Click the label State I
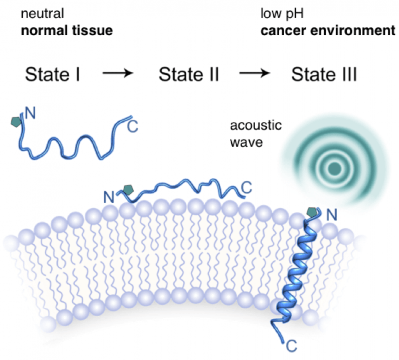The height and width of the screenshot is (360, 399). coord(53,74)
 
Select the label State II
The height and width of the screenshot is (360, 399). coord(188,74)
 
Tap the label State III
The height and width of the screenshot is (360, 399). coord(325,74)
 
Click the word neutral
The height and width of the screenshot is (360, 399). coord(42,14)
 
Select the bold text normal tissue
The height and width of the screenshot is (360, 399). coord(67,30)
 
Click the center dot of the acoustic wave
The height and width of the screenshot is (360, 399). coord(334,168)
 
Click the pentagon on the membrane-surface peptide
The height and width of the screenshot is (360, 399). coord(127,190)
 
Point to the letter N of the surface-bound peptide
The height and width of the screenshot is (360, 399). coord(110,197)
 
